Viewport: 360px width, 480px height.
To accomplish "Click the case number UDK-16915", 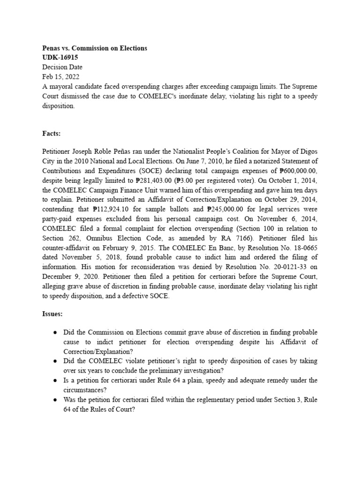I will [60, 57].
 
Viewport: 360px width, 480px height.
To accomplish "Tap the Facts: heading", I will [52, 134].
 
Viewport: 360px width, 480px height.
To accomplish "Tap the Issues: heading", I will [52, 314].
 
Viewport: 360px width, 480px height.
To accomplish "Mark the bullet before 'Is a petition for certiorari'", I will [55, 380].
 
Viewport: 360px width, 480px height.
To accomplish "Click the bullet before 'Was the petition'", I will [55, 399].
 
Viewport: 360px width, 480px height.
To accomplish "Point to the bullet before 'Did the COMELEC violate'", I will [55, 361].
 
